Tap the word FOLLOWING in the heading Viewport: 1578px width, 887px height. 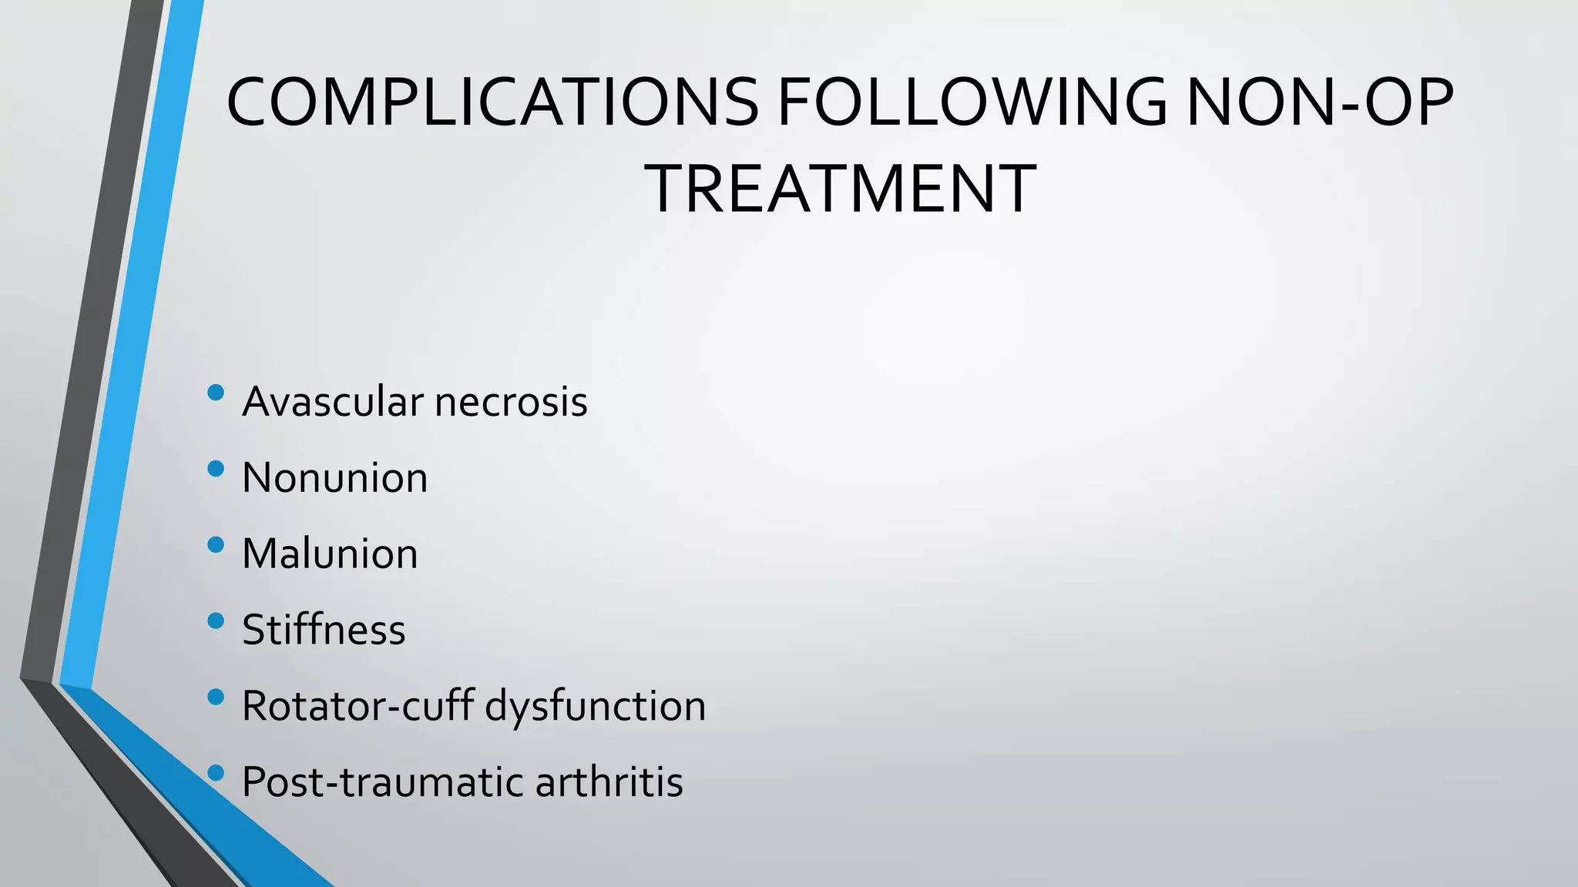click(x=972, y=102)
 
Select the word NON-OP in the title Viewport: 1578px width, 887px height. click(x=1320, y=102)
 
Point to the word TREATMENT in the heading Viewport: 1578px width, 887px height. click(x=843, y=189)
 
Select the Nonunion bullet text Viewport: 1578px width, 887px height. click(x=334, y=477)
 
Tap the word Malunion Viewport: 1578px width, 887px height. click(x=330, y=554)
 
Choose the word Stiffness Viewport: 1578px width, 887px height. click(x=324, y=630)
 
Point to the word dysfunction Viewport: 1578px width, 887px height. click(x=596, y=705)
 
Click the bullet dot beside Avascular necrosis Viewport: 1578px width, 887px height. click(x=216, y=393)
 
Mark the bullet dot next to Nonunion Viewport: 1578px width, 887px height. click(x=216, y=469)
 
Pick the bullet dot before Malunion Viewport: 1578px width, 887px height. click(x=216, y=545)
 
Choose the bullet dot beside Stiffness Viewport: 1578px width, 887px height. click(x=216, y=621)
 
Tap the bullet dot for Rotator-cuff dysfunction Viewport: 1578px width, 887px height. click(x=216, y=697)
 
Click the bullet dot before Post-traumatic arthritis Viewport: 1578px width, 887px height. click(x=216, y=773)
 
